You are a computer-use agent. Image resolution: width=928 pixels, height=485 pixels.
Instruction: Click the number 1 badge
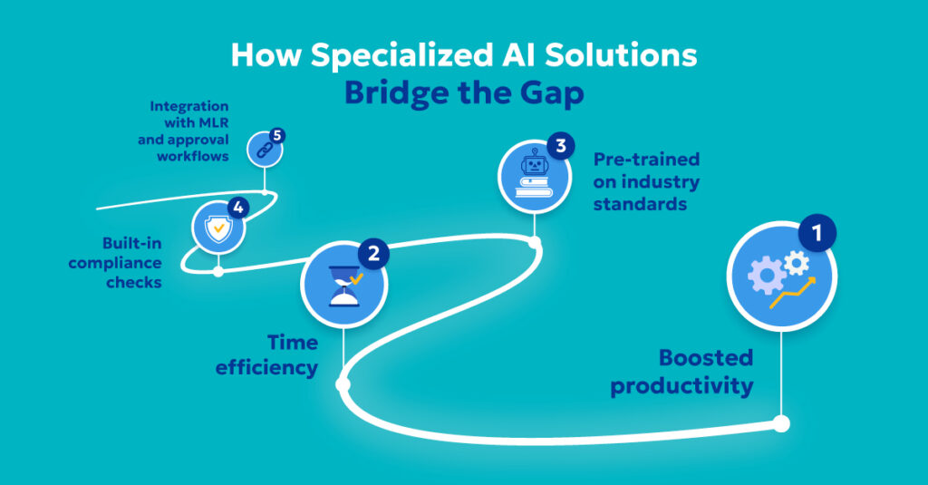817,234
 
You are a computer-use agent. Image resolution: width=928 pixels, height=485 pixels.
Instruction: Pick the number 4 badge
238,208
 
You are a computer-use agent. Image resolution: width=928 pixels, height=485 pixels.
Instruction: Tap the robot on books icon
535,176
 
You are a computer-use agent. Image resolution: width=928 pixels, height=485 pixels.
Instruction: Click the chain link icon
264,150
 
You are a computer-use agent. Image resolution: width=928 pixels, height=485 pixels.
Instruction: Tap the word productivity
681,386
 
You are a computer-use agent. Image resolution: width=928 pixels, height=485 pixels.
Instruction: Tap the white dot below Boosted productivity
781,423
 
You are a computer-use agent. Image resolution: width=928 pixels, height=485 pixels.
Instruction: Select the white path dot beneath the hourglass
343,384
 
